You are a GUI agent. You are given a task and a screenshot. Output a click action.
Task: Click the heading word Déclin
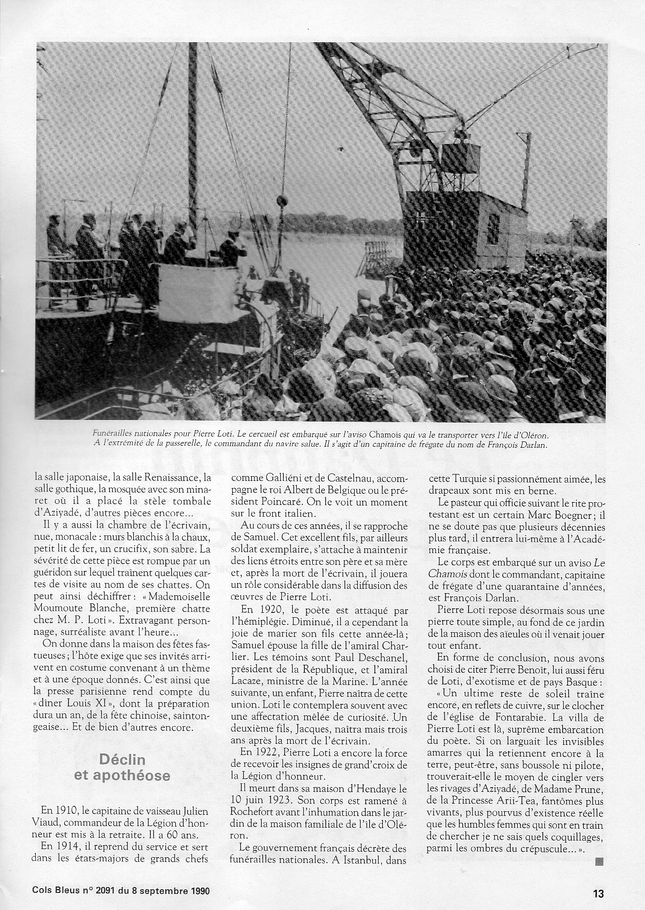coord(122,759)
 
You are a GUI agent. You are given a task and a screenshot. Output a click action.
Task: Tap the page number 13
coord(598,893)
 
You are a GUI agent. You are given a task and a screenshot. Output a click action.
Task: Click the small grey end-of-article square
coord(599,861)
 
